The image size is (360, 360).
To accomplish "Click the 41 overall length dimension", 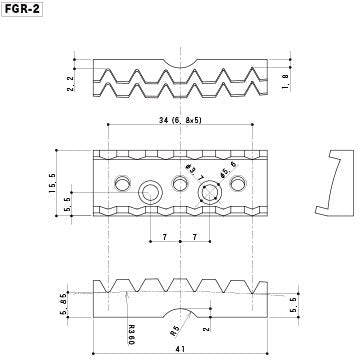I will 181,349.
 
